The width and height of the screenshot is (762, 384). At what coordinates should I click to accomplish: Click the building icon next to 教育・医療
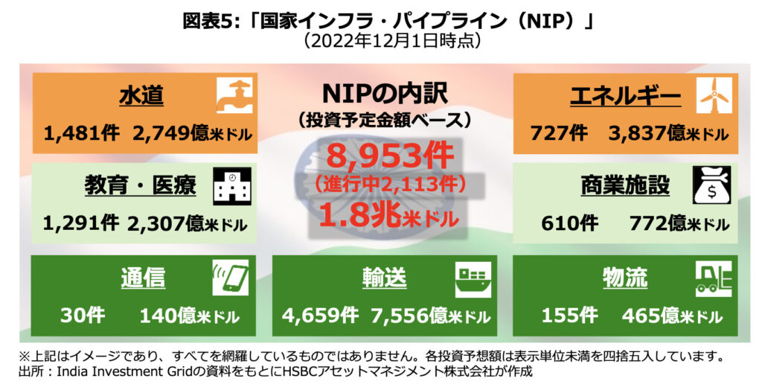(234, 185)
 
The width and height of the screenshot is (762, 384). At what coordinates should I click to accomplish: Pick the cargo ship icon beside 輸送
(473, 278)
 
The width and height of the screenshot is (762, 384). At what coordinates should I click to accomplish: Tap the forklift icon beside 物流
(713, 278)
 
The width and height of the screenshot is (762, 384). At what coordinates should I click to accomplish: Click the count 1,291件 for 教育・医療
(80, 223)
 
